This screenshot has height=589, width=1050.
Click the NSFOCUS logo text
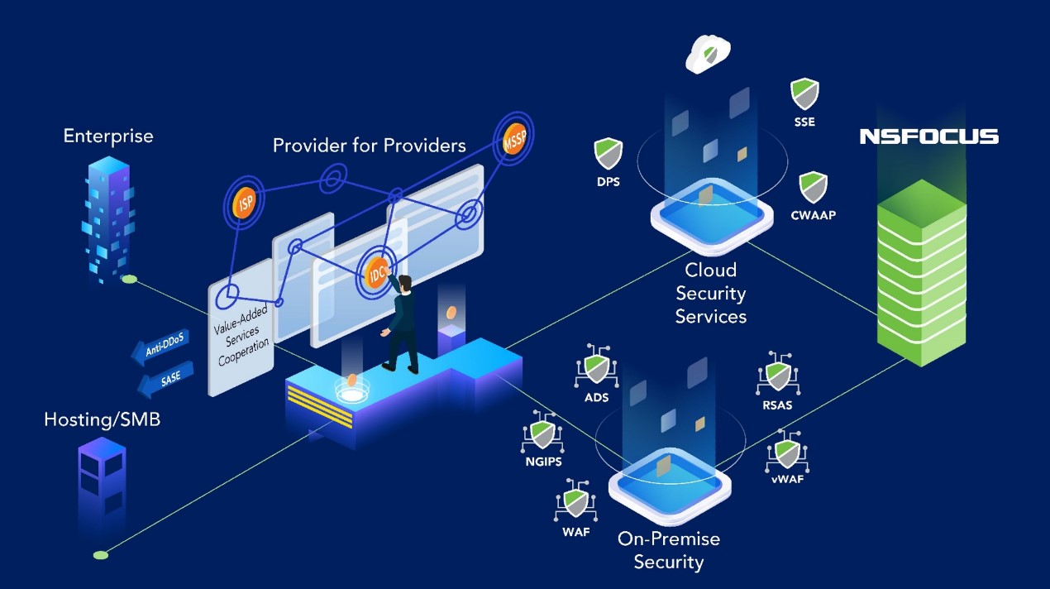point(928,136)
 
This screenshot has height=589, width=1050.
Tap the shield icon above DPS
point(608,154)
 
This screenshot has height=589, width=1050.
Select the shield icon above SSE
point(804,93)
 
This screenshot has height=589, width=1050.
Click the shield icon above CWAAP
point(814,188)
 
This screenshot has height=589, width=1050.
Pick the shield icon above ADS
point(596,367)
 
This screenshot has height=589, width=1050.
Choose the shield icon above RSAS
point(777,376)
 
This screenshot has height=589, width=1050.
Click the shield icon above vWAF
point(785,453)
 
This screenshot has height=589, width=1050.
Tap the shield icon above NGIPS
point(542,433)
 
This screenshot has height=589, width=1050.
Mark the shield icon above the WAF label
point(575,502)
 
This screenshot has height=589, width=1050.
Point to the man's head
point(405,284)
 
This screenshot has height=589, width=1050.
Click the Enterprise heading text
point(108,136)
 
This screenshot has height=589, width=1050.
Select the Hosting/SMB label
point(102,420)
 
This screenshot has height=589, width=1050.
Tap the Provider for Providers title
point(370,146)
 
